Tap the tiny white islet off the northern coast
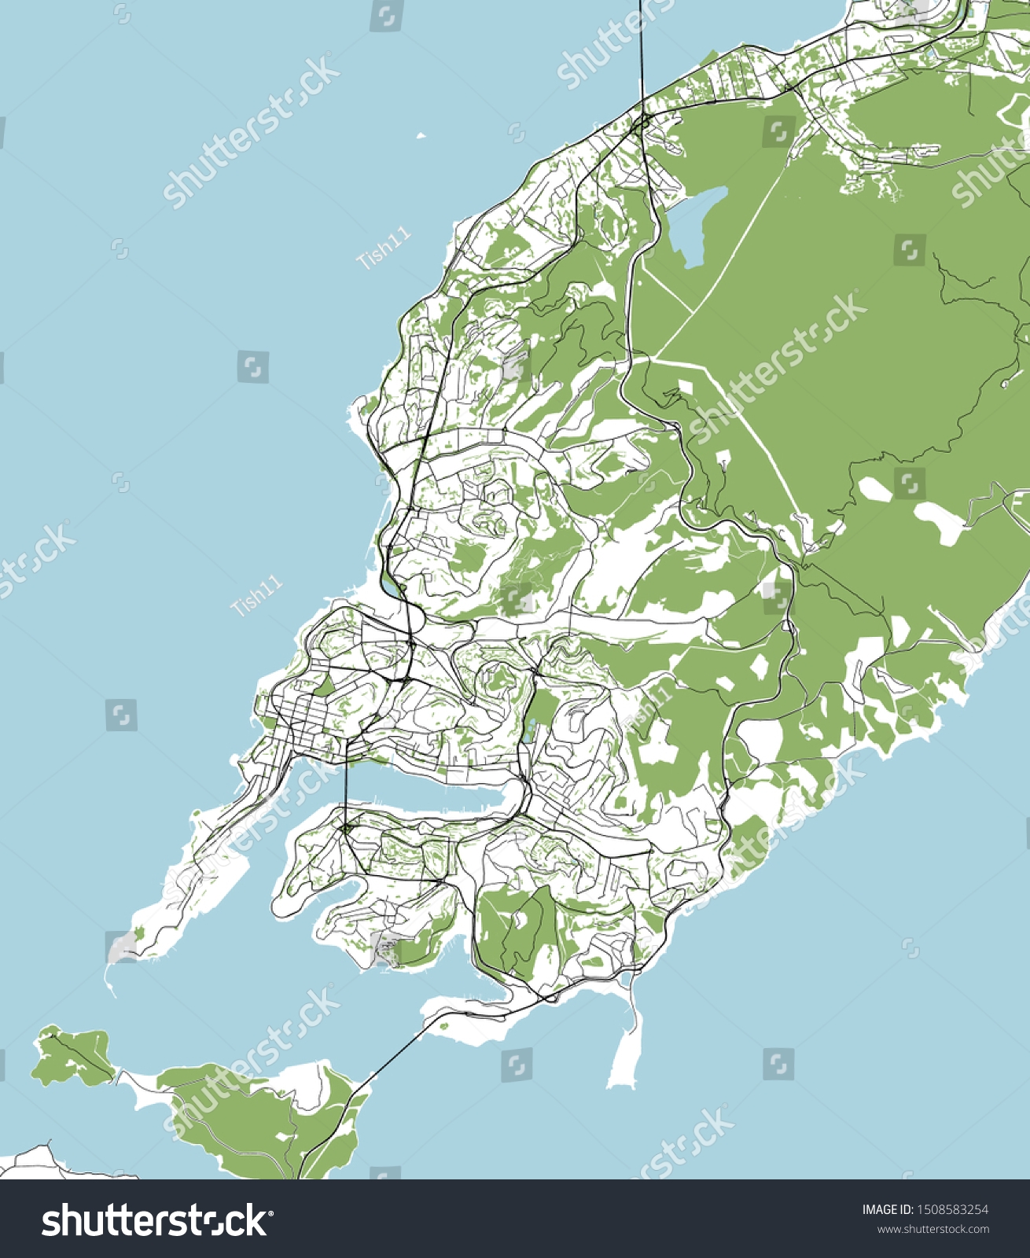(421, 137)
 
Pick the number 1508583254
(955, 1210)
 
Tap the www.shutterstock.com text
(933, 1230)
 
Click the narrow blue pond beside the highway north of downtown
(390, 588)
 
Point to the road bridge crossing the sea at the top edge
(642, 47)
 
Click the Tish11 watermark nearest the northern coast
(384, 248)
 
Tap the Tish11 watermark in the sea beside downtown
(256, 595)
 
